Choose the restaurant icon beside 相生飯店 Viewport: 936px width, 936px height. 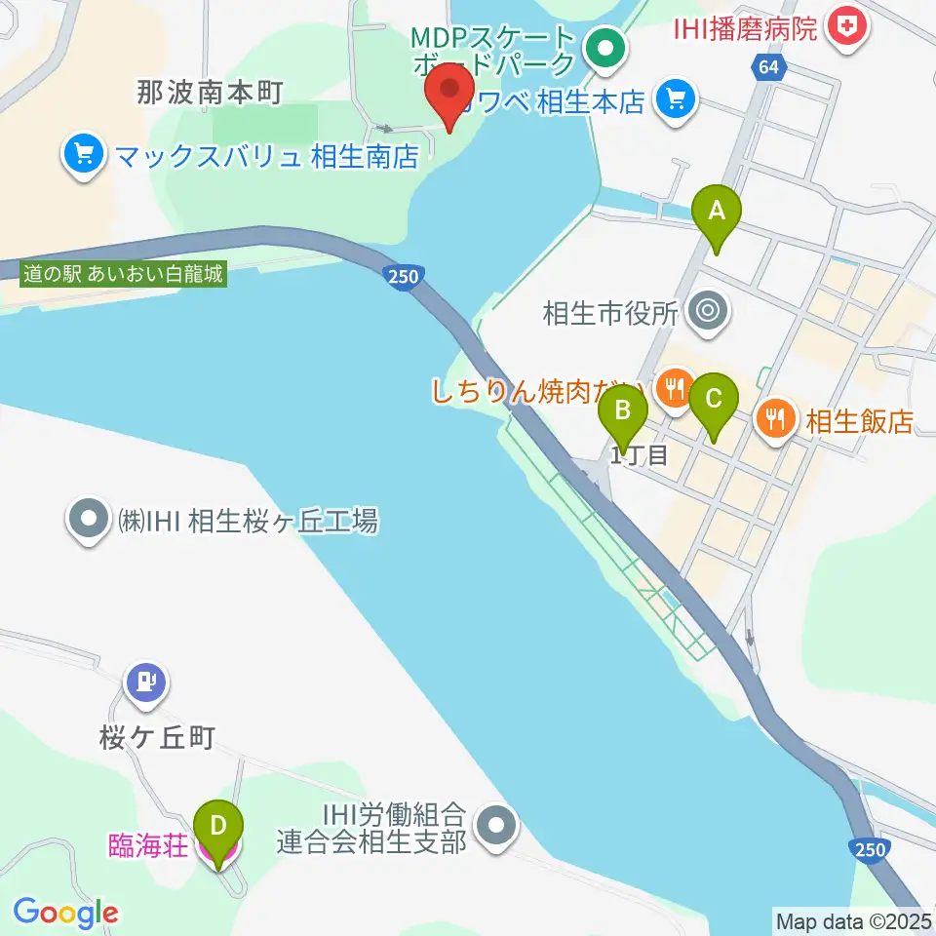click(776, 420)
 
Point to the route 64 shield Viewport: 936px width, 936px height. click(767, 67)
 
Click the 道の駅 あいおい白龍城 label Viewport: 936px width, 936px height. click(124, 275)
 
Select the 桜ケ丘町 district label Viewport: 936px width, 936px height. click(156, 739)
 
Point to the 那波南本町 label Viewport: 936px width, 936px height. click(210, 94)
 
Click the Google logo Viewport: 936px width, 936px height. click(65, 914)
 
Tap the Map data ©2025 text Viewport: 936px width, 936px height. click(853, 919)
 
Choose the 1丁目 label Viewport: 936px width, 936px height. click(639, 454)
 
